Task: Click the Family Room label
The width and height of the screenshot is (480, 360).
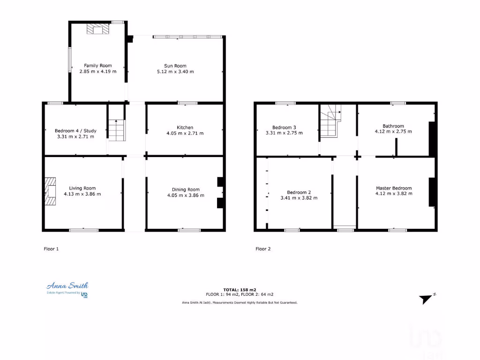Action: point(97,66)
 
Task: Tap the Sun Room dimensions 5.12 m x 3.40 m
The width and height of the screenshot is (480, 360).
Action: point(175,72)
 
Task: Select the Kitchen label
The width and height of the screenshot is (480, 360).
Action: point(185,127)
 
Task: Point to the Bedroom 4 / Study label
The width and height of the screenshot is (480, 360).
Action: point(75,130)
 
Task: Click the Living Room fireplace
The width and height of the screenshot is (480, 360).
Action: point(50,192)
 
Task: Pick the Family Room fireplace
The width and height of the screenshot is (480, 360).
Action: point(97,30)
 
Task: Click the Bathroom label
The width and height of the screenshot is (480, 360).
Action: point(393,126)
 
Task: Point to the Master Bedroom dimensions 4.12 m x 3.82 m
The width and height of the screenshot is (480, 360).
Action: point(394,194)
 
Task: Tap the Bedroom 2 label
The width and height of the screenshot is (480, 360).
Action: point(299,192)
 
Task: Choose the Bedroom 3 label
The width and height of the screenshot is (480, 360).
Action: point(284,127)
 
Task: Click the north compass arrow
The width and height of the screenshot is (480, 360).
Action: point(427,299)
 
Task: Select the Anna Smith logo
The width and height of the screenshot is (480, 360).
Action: point(67,289)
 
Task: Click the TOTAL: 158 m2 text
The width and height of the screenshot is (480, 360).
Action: point(240,290)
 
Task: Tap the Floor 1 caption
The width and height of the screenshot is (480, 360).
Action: point(51,249)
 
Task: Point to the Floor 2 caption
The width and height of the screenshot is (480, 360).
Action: point(263,249)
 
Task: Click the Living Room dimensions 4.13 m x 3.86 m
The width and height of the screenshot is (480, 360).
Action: point(82,194)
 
